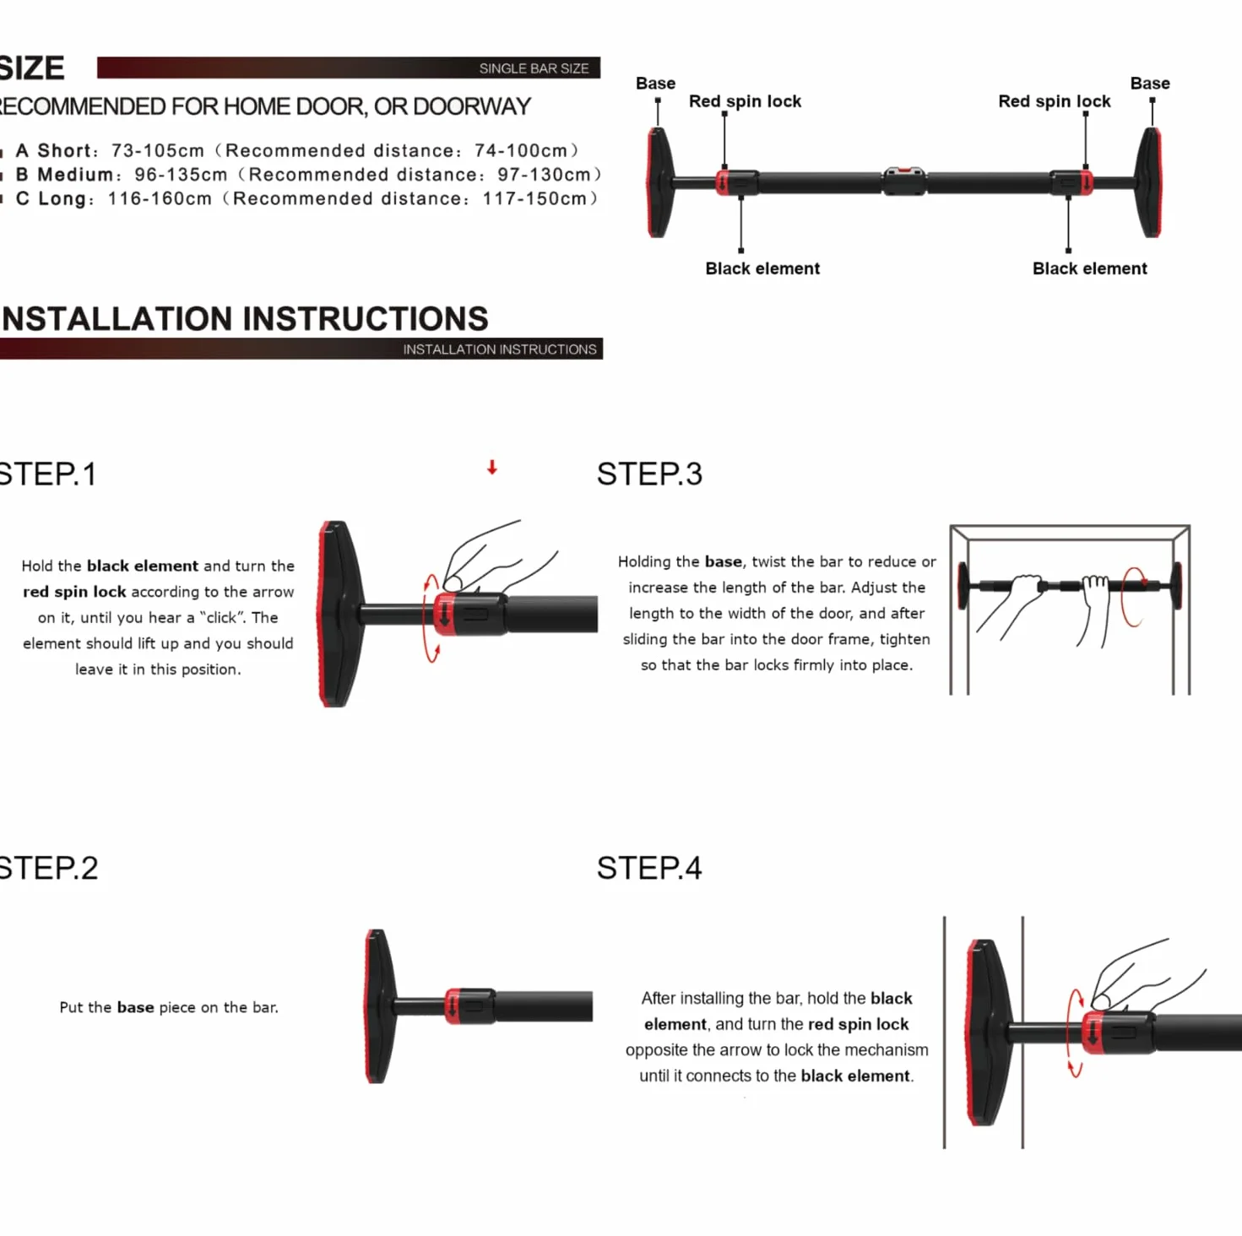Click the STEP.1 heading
[x=47, y=474]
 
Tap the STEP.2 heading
[x=48, y=868]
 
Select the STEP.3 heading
[x=649, y=474]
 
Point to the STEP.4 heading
[x=649, y=868]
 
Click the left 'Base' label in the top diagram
[x=655, y=84]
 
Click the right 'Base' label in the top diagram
[x=1150, y=84]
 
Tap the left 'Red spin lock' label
[x=745, y=101]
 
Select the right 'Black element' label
[x=1090, y=268]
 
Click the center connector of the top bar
[x=903, y=182]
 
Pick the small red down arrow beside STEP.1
[x=491, y=468]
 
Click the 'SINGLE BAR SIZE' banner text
[x=534, y=68]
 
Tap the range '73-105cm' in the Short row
[x=158, y=150]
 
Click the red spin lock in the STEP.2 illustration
[x=453, y=1006]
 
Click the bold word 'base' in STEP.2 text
[x=135, y=1007]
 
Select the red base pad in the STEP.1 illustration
[x=324, y=614]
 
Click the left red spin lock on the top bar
[x=723, y=182]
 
